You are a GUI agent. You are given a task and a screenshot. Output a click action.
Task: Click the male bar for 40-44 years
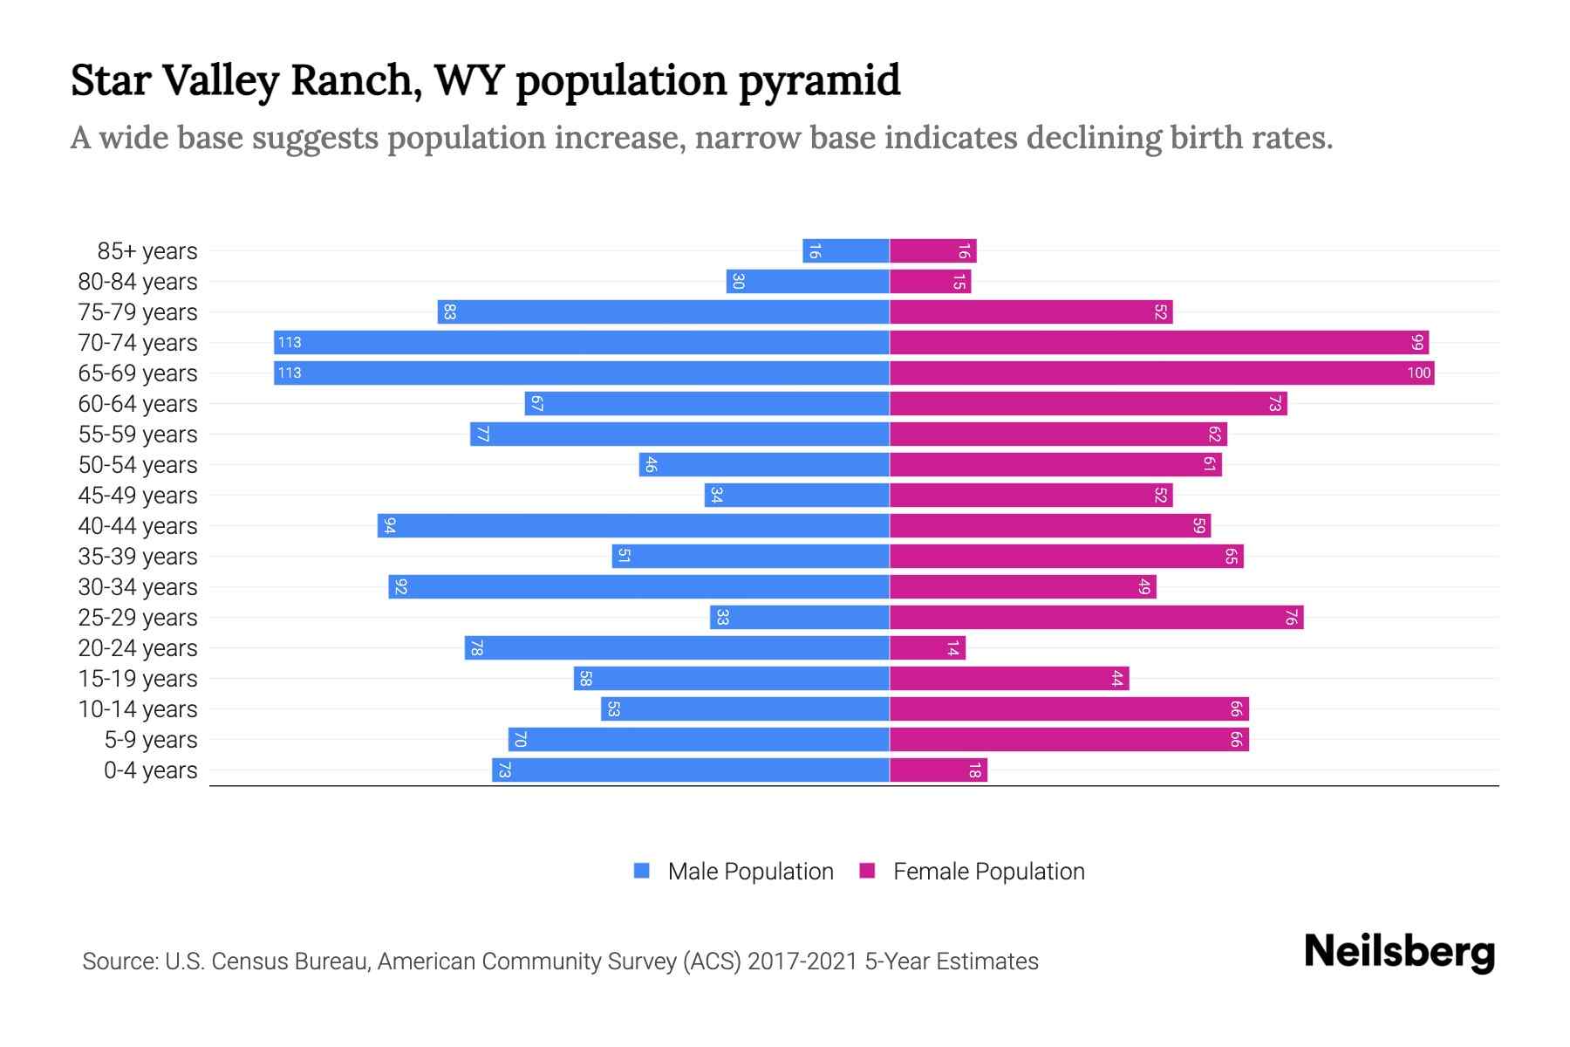tap(633, 526)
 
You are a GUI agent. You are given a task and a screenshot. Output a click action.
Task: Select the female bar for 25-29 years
tap(1096, 618)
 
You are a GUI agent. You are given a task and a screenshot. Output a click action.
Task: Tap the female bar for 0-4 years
tap(939, 770)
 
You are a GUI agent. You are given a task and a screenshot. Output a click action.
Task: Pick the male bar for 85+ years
tap(846, 251)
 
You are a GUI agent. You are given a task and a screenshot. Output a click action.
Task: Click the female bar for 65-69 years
tap(1162, 373)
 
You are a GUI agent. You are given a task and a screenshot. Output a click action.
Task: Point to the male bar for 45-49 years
tap(797, 496)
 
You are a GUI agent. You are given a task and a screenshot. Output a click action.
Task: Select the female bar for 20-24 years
tap(927, 648)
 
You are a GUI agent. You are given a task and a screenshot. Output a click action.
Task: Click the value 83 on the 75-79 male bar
tap(449, 312)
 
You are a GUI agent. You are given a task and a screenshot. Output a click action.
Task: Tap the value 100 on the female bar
tap(1418, 373)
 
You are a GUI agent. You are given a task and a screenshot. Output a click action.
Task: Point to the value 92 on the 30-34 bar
tap(400, 587)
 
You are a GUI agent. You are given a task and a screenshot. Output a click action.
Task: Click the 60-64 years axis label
tap(138, 404)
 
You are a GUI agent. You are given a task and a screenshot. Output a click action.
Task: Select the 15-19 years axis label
tap(138, 679)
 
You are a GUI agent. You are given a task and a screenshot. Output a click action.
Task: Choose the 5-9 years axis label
tap(150, 740)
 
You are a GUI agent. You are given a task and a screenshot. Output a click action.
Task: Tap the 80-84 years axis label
tap(138, 282)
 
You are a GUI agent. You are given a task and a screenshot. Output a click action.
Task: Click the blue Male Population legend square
tap(642, 871)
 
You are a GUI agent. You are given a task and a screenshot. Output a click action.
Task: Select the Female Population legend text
tap(988, 871)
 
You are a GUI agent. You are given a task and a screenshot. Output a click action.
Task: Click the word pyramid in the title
tap(819, 80)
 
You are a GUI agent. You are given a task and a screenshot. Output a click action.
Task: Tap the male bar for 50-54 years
tap(764, 465)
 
